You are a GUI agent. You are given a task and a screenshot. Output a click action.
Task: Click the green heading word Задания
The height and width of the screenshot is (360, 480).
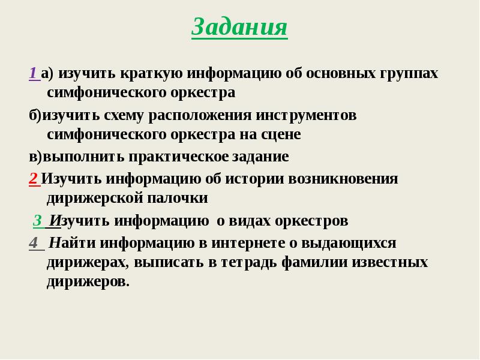point(239,27)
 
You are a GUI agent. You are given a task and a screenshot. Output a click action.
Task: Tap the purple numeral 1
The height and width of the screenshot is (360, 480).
point(32,73)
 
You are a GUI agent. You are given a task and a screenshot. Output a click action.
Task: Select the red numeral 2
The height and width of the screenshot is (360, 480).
point(32,178)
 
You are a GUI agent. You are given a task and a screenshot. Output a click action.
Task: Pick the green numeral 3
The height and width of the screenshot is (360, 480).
point(37,221)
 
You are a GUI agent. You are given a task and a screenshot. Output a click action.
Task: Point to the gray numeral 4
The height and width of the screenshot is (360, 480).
point(33,243)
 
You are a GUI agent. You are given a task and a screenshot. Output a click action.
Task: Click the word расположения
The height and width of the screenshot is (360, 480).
point(200,115)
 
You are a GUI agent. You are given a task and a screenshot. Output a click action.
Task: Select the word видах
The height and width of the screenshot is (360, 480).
point(249,221)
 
